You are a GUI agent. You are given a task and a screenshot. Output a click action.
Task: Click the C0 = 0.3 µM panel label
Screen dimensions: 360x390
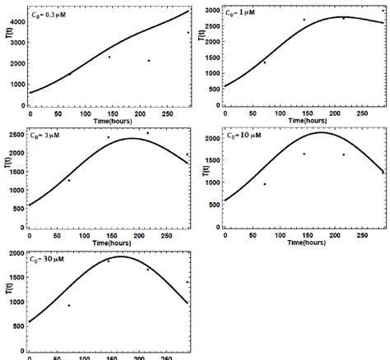pyautogui.click(x=51, y=12)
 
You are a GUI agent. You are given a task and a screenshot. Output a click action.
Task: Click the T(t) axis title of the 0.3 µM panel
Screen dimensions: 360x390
pyautogui.click(x=7, y=56)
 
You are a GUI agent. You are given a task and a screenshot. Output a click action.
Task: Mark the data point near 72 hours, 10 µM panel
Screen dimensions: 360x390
pyautogui.click(x=264, y=184)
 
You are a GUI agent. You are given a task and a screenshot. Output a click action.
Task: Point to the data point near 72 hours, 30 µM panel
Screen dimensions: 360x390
pyautogui.click(x=69, y=305)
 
